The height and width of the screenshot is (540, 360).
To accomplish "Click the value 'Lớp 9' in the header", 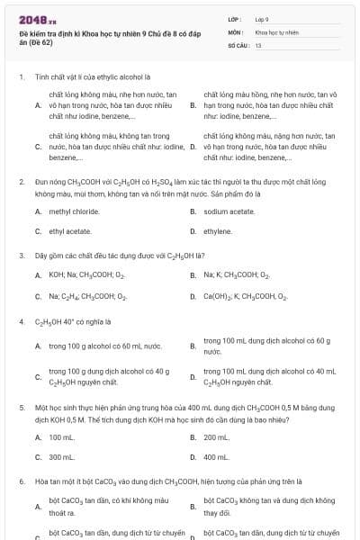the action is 262,19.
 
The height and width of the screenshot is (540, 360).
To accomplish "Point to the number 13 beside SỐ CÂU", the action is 258,44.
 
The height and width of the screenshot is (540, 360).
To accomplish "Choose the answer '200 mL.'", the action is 216,437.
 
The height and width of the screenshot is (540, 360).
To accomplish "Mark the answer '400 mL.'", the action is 216,457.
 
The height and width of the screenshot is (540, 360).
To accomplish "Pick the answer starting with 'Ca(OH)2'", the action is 245,296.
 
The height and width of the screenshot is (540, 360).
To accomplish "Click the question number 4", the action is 21,321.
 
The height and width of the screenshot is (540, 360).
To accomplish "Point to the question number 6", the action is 21,481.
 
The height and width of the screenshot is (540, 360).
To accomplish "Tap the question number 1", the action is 21,77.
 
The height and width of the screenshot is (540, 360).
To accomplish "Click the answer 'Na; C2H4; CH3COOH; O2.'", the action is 88,296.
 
